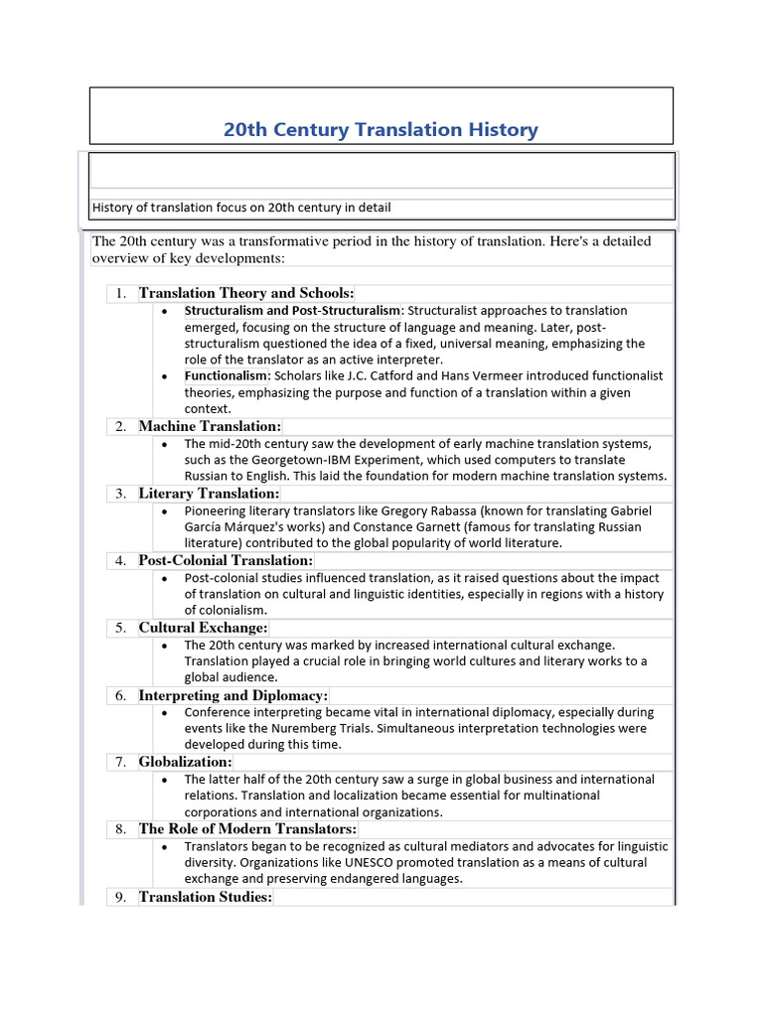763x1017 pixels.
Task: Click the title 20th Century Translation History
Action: click(381, 129)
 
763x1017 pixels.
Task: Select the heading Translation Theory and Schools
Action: click(245, 293)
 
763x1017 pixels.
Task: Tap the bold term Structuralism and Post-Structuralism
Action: click(292, 311)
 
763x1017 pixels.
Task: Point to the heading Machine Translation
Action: click(210, 426)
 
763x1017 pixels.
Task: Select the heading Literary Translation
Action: click(209, 494)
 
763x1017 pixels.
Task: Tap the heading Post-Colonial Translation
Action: click(226, 561)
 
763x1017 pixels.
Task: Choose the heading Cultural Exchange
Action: click(203, 628)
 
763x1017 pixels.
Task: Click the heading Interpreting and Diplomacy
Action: click(232, 695)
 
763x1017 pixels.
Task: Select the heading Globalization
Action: click(185, 762)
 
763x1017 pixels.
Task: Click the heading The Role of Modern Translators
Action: click(247, 829)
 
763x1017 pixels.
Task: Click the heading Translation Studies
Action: click(205, 897)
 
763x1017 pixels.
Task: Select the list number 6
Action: click(120, 695)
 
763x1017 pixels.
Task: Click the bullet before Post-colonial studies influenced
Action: click(164, 578)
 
